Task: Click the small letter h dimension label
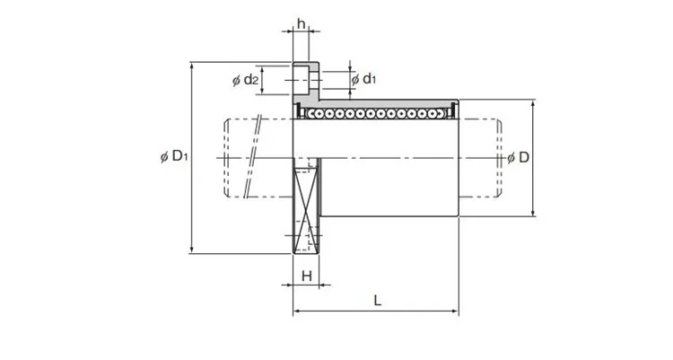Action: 302,23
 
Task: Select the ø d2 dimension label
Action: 246,81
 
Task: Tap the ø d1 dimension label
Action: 364,79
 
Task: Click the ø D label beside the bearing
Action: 518,158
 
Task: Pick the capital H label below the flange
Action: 307,275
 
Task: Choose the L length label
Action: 377,302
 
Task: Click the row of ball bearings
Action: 377,114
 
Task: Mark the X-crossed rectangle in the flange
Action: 307,208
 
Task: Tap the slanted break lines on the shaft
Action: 254,158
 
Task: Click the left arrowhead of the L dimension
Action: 299,313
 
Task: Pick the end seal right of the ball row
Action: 453,111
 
